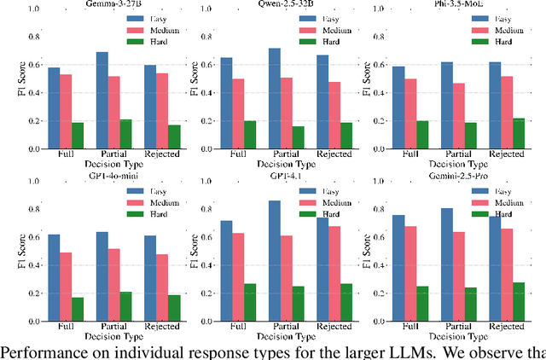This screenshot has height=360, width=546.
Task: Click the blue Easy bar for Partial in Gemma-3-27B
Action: (x=102, y=101)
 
